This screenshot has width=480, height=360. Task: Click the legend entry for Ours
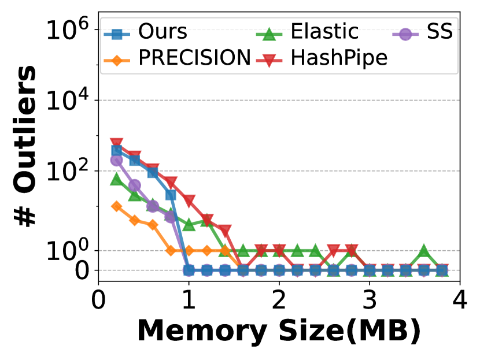tap(146, 32)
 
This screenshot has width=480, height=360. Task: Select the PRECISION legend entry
tap(177, 58)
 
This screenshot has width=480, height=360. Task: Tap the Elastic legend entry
tap(307, 32)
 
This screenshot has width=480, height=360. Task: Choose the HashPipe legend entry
tap(322, 58)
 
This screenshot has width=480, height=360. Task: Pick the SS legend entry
tap(422, 32)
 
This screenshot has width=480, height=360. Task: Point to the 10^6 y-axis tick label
tap(67, 29)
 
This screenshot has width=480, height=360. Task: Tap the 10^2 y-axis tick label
tap(67, 170)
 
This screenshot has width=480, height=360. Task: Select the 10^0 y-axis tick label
tap(67, 250)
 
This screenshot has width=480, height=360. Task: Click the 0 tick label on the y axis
tap(82, 270)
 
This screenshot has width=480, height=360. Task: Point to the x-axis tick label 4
tap(460, 300)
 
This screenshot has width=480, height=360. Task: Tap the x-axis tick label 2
tap(279, 300)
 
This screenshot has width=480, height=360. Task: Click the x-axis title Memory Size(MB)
tap(279, 332)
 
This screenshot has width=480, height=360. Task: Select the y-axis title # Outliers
tap(25, 146)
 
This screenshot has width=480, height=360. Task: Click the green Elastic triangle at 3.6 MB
tap(424, 251)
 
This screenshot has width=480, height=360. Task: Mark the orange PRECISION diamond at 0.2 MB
tap(116, 206)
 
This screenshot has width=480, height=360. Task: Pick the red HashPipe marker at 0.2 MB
tap(116, 143)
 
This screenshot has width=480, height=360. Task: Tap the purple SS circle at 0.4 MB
tap(134, 185)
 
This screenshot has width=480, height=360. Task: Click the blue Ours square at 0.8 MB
tap(171, 195)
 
